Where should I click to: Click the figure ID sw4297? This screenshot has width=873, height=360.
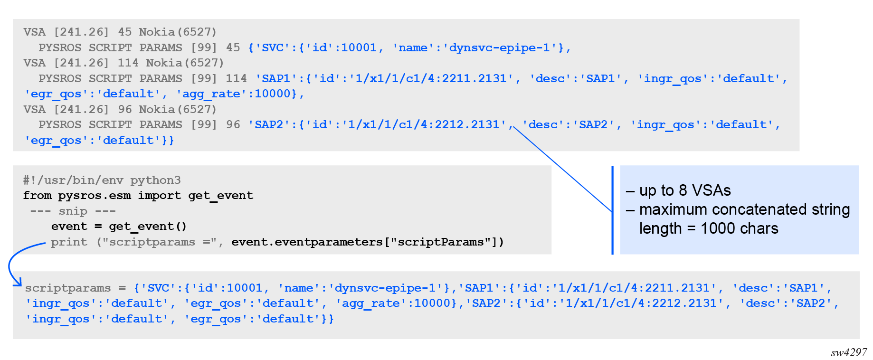[x=849, y=352]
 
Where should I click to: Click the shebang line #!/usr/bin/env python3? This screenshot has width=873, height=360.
[x=102, y=180]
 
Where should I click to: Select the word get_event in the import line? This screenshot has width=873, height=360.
[x=221, y=196]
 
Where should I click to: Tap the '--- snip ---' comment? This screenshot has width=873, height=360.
[x=73, y=211]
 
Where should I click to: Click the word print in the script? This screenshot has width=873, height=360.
[x=69, y=242]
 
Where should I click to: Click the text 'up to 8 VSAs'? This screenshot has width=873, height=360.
[x=685, y=190]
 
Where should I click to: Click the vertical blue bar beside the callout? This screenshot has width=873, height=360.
[x=613, y=210]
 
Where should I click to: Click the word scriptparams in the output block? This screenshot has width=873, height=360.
[x=68, y=288]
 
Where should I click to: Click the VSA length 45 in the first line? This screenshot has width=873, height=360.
[x=125, y=32]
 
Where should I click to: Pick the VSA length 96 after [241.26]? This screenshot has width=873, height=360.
[x=125, y=109]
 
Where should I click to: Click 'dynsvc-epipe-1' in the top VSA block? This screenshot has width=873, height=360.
[x=499, y=47]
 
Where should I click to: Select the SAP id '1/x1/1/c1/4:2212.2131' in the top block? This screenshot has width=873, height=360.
[x=424, y=124]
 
